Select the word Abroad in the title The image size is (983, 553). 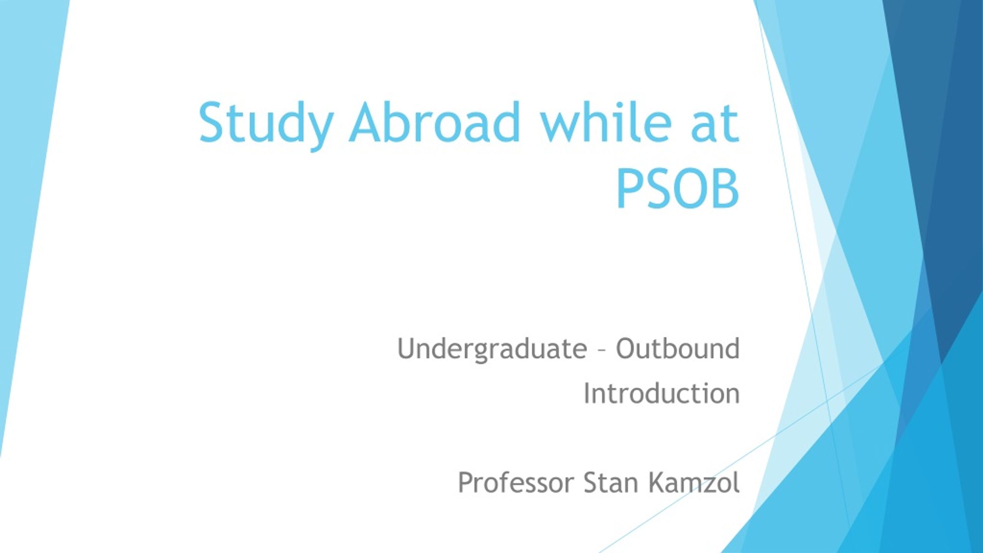[x=434, y=122]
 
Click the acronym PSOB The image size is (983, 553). [x=678, y=189]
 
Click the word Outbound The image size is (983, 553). [x=678, y=348]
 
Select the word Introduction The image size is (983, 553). [x=662, y=393]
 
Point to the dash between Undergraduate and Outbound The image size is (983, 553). [x=602, y=351]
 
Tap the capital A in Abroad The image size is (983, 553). [x=367, y=123]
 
